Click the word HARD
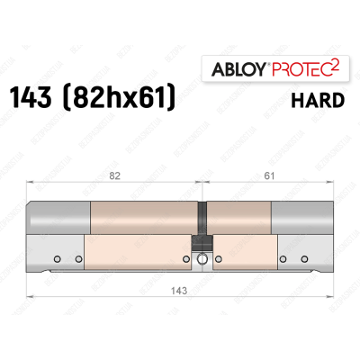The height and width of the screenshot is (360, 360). pyautogui.click(x=320, y=99)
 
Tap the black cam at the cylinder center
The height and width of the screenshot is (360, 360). pyautogui.click(x=202, y=219)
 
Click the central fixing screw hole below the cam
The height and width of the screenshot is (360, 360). pyautogui.click(x=202, y=261)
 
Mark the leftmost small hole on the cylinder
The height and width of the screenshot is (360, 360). pyautogui.click(x=58, y=261)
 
